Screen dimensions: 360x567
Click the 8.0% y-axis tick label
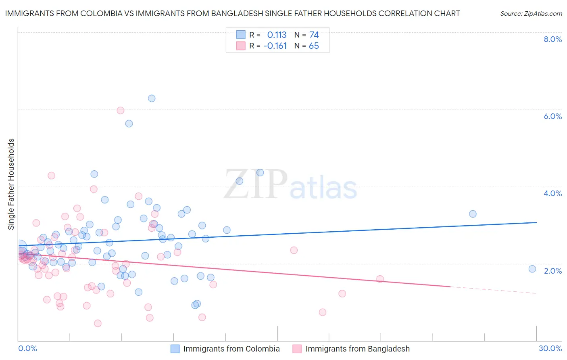(x=552, y=39)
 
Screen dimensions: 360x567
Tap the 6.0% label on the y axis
(x=552, y=116)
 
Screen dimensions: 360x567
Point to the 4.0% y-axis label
(x=552, y=193)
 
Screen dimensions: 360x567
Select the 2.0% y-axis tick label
(x=552, y=271)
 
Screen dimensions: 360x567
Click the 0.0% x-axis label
(x=27, y=348)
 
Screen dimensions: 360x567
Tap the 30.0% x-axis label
(x=550, y=348)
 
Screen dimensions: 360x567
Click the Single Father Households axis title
(x=11, y=184)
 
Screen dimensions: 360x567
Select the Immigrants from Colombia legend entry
(x=231, y=349)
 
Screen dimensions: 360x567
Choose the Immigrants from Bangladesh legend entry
(x=357, y=349)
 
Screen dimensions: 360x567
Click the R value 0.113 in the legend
(x=277, y=35)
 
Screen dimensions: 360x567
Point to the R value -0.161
(x=275, y=46)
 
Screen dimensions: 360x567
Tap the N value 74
(x=314, y=35)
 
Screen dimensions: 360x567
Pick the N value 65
(x=314, y=46)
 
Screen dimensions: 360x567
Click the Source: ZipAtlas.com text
(x=531, y=14)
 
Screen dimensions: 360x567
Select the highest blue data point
(x=152, y=98)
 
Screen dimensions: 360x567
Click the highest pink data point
(x=120, y=111)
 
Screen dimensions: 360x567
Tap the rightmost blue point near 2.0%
(x=532, y=269)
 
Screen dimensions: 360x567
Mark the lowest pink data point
(x=98, y=323)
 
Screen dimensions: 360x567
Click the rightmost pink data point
(x=380, y=279)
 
